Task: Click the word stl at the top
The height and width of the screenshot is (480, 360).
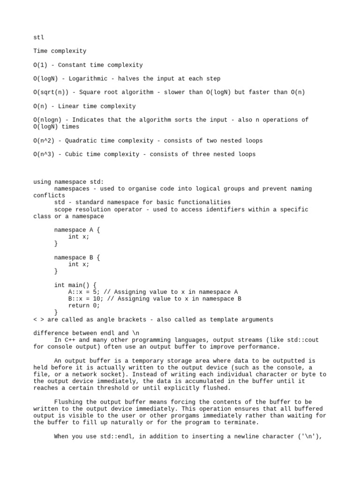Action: tap(38, 37)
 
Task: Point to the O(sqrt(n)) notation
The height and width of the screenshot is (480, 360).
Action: tap(52, 92)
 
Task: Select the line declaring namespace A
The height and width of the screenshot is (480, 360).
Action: tap(77, 230)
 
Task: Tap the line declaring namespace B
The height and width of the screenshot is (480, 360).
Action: tap(77, 258)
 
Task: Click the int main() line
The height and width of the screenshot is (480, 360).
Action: tap(75, 285)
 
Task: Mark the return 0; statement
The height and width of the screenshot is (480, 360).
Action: tap(84, 306)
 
